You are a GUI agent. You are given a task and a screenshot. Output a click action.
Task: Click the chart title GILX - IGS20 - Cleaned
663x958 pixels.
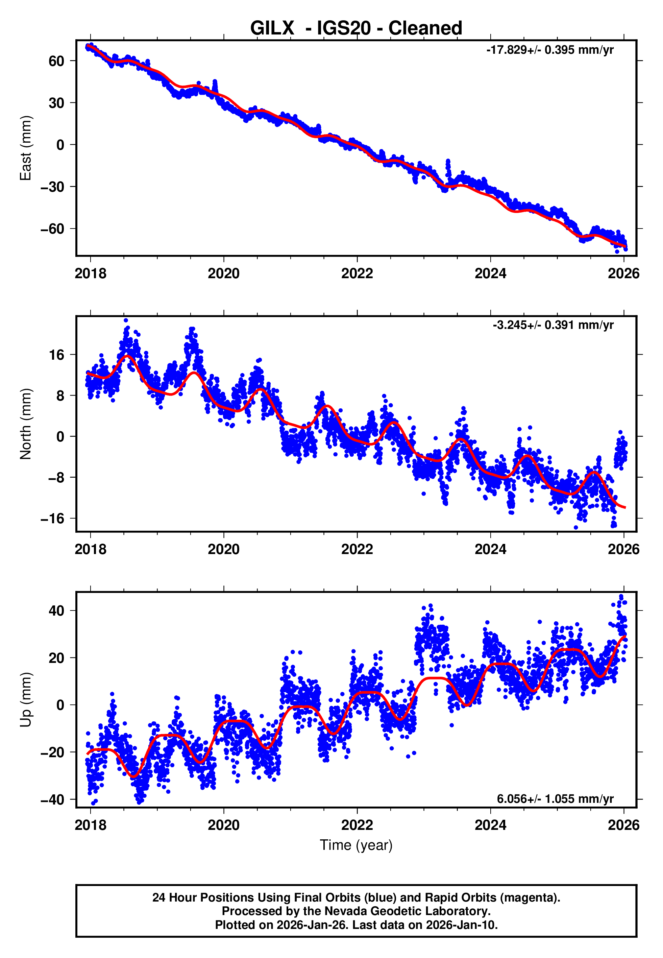356,28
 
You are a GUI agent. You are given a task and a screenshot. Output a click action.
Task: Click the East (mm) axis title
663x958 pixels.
26,148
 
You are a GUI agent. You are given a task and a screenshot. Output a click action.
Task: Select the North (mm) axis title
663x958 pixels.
26,424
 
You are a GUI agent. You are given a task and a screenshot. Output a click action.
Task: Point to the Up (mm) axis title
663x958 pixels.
26,700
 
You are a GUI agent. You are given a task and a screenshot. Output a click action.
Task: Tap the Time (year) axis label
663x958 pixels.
356,845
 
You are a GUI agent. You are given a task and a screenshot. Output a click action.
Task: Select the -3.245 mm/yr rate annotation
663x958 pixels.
553,325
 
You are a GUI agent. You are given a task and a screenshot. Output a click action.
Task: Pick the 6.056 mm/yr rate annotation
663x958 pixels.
555,798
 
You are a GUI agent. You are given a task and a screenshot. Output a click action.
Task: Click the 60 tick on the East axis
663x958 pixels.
56,61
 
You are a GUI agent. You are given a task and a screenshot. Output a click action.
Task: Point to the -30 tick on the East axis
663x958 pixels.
52,187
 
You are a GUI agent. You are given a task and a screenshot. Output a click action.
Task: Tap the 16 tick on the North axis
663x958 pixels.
57,355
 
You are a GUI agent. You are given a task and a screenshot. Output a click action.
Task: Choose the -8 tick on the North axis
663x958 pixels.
56,478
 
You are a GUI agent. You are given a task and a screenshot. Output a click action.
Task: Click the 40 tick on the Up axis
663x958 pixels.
56,611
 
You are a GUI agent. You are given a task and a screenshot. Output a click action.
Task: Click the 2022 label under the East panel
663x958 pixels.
357,273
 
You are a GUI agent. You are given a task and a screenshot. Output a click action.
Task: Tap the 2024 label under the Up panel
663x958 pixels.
490,825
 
